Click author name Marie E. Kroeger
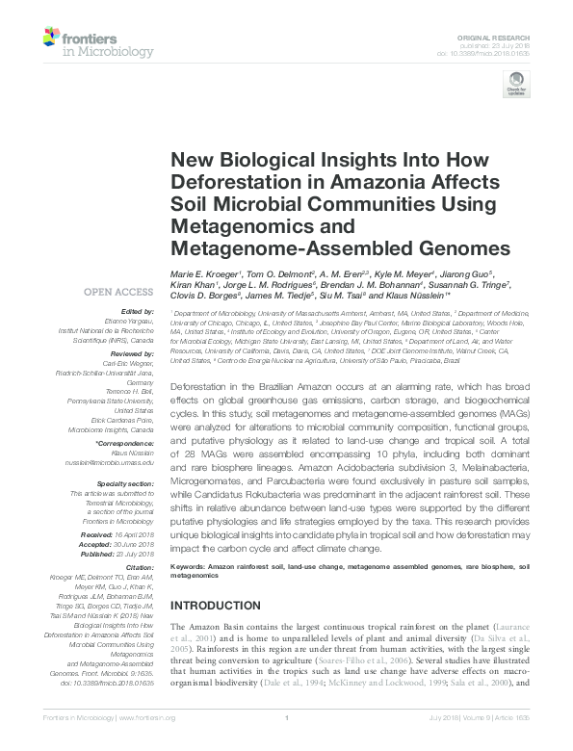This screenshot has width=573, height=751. click(x=205, y=274)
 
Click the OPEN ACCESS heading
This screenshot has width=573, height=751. click(x=118, y=292)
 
